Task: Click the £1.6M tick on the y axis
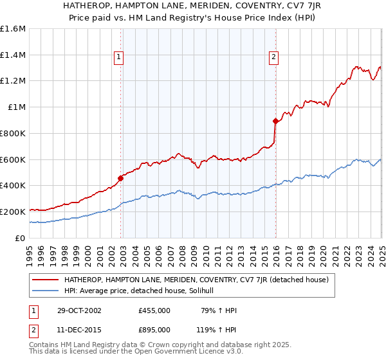coord(13,29)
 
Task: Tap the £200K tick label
coord(13,212)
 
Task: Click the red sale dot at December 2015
coord(275,121)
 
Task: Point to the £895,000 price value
coord(154,329)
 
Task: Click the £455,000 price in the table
coord(154,310)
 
